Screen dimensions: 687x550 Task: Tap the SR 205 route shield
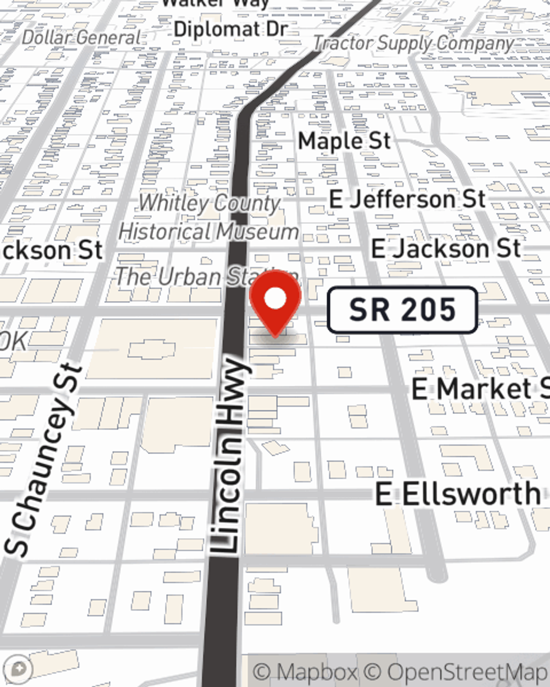tap(402, 310)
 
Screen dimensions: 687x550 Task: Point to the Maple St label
tap(344, 141)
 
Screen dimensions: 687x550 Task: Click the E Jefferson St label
tap(407, 199)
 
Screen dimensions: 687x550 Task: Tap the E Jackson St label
tap(446, 249)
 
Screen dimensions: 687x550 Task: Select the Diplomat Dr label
tap(230, 29)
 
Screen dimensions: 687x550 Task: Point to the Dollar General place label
tap(82, 37)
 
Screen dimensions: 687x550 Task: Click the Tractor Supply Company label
tap(414, 43)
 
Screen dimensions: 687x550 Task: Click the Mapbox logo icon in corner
tap(19, 669)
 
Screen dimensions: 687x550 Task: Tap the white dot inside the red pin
tap(276, 299)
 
